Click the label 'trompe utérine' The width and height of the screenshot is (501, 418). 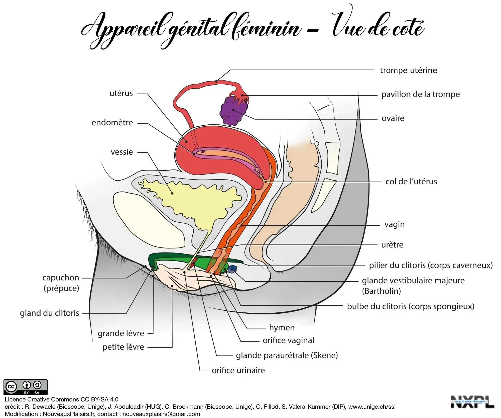coord(408,70)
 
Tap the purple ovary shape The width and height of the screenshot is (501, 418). coord(234,111)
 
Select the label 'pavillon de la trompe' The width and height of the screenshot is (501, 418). coord(420,95)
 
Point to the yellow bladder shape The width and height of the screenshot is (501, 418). coord(190,201)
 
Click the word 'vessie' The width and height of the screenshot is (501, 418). coord(122,152)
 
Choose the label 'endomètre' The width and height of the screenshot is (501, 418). coord(112,123)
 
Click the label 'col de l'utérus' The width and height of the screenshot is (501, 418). coord(411,182)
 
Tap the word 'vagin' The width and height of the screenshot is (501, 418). coord(394,224)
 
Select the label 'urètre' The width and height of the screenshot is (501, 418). coord(392,245)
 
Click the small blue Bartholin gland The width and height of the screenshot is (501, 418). coord(232,269)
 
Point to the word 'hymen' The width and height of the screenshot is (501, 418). coord(282,328)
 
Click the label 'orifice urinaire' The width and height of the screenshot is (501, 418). coord(238,370)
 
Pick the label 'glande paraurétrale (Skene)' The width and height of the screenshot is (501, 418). coord(287,355)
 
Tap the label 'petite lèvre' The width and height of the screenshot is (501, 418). coord(123,347)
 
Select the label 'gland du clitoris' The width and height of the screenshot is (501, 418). coord(49,313)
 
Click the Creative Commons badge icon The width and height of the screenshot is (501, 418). coord(25,387)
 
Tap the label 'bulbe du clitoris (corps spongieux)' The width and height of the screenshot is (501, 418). coord(411,306)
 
